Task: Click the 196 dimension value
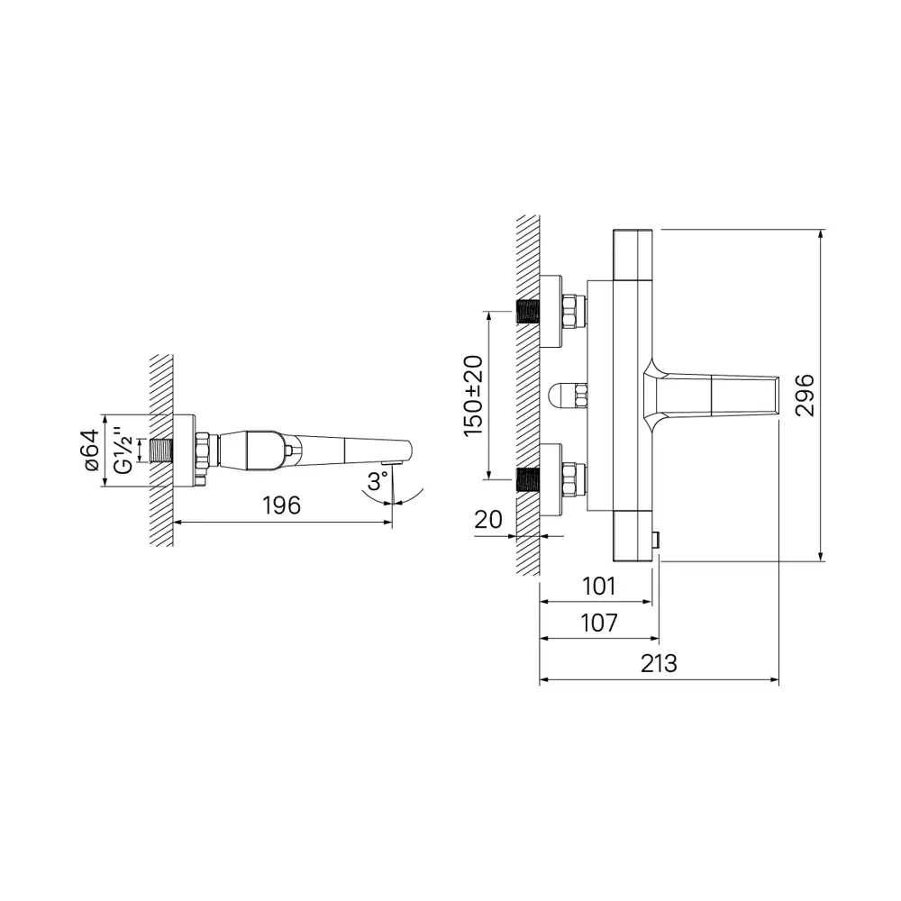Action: pyautogui.click(x=281, y=506)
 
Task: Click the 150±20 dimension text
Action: pyautogui.click(x=473, y=396)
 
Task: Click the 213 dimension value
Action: pyautogui.click(x=659, y=664)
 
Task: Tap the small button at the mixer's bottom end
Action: pyautogui.click(x=657, y=540)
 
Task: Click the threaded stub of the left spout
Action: pyautogui.click(x=161, y=450)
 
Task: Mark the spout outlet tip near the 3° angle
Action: pyautogui.click(x=389, y=462)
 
